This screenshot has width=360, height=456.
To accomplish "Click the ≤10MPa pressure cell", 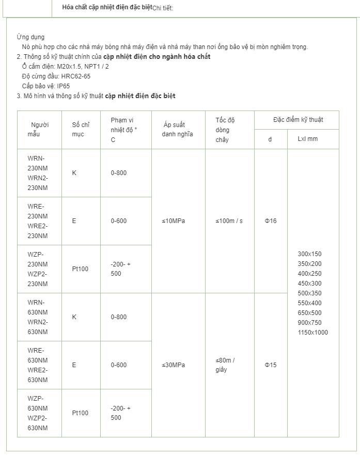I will (174, 221).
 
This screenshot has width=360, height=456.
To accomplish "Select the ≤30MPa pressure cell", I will (174, 365).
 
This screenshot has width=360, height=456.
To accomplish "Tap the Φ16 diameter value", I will (271, 221).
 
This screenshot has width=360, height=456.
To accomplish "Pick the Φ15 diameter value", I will (271, 365).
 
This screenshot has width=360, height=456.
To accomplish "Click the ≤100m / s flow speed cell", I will (229, 221).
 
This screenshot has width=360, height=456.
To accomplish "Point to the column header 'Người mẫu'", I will (39, 130).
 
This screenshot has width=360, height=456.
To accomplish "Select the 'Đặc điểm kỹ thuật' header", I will (298, 120).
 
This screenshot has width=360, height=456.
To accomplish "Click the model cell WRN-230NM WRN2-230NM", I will (38, 173).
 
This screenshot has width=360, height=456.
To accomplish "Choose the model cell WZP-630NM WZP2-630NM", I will (38, 413).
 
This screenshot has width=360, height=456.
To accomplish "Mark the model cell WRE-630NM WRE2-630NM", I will (38, 365).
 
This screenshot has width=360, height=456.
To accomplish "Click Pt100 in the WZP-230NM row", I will (80, 269).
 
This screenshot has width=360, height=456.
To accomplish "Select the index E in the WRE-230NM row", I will (74, 221).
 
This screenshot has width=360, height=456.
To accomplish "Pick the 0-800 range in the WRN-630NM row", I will (118, 317).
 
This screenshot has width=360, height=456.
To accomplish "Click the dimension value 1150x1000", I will (312, 333).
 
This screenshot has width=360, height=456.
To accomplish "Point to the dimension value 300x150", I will (309, 254).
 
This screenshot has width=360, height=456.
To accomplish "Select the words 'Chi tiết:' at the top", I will (163, 8).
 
